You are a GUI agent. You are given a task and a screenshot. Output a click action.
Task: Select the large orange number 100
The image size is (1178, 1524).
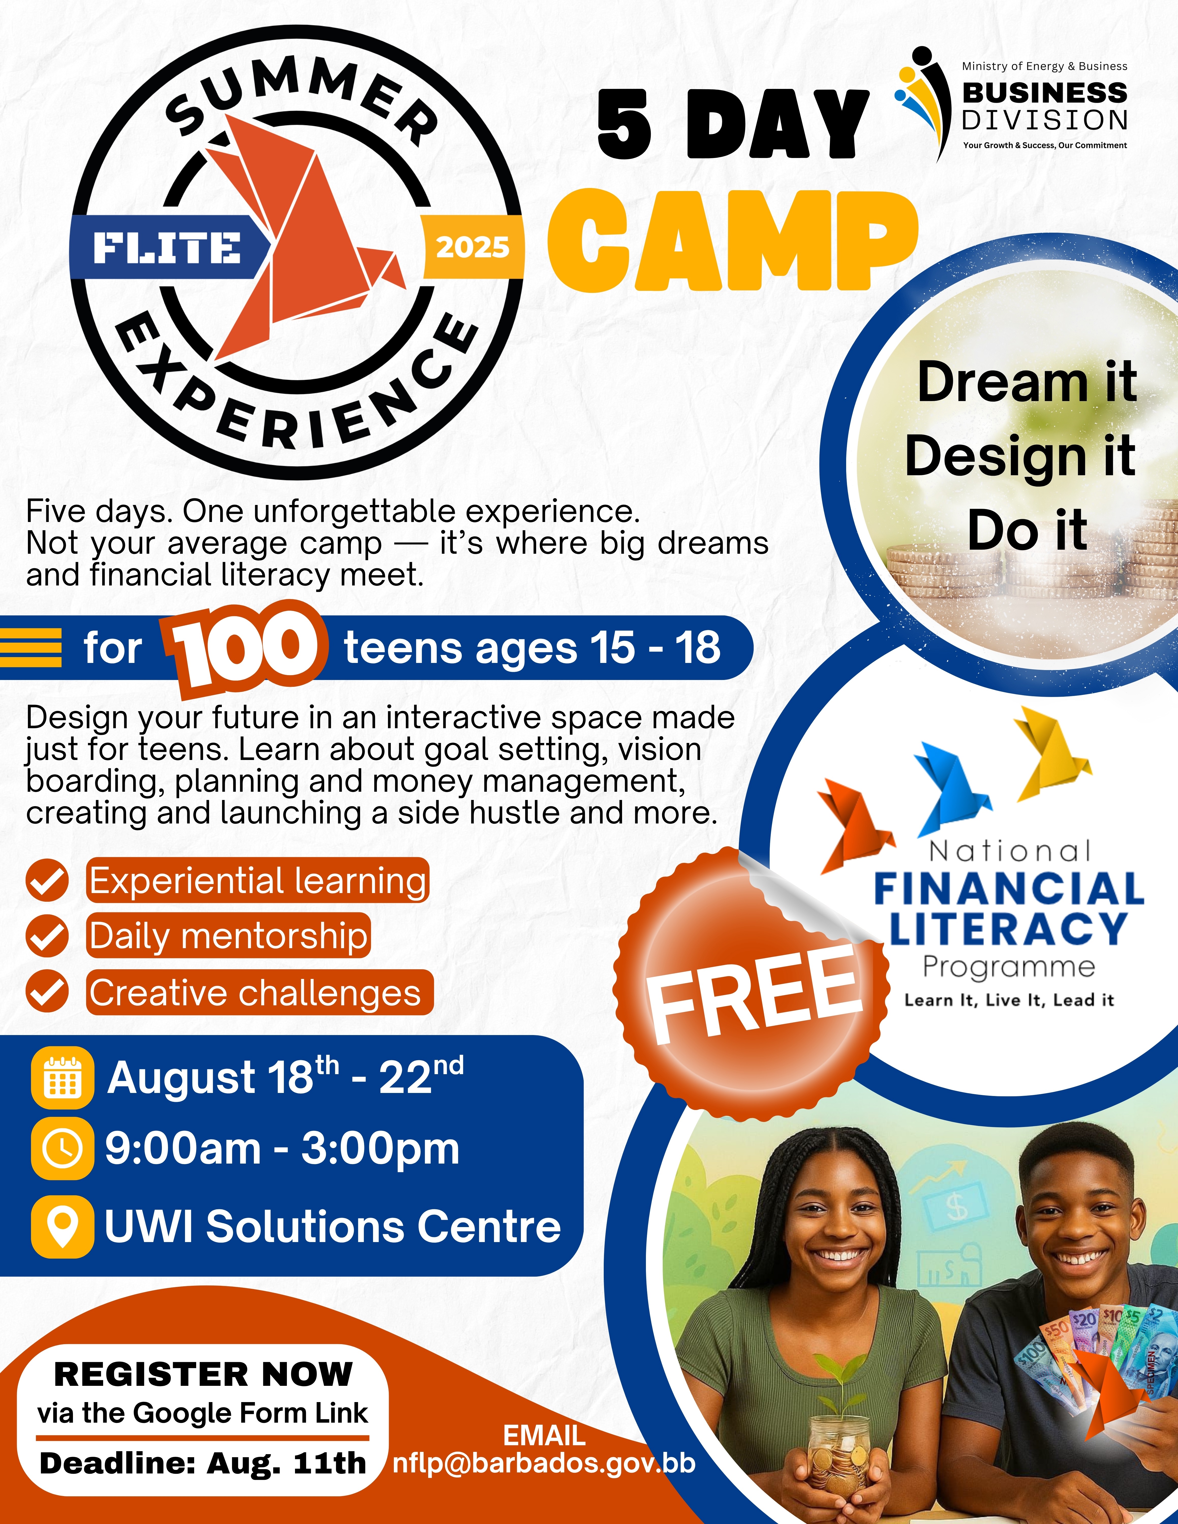[244, 649]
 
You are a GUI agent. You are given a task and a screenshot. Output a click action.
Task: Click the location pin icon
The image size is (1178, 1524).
[63, 1227]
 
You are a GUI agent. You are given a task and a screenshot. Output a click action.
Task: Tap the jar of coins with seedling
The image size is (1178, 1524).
[838, 1451]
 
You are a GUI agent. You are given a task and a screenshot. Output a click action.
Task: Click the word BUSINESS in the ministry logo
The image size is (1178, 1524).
[1045, 92]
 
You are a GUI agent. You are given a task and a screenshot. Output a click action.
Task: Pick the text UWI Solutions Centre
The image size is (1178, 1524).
[333, 1227]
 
